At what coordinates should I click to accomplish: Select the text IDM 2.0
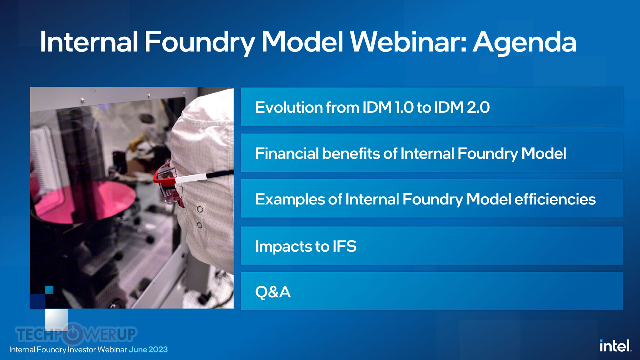tap(462, 107)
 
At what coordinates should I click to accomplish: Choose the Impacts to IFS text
tap(306, 247)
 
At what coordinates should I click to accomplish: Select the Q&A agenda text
tap(273, 292)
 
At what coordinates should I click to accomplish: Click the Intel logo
tap(615, 346)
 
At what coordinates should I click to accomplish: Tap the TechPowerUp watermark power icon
tap(73, 333)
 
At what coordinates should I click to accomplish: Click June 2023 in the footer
tap(148, 350)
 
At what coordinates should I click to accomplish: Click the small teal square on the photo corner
tap(49, 290)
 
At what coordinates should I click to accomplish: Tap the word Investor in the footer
tap(82, 350)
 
